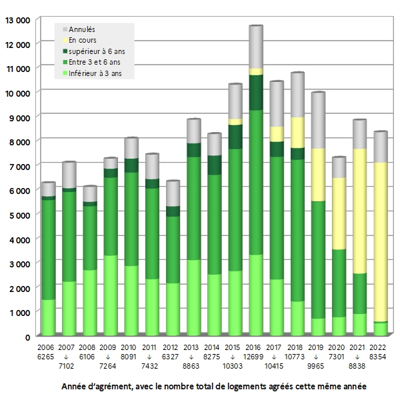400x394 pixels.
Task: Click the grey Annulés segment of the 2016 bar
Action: click(x=255, y=47)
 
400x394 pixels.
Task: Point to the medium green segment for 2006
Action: click(x=48, y=249)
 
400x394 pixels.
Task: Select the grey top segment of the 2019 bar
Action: click(x=318, y=121)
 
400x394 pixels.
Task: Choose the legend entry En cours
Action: click(x=83, y=40)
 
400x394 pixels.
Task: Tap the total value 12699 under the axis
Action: click(x=255, y=357)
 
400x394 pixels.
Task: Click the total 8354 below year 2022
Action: click(x=380, y=357)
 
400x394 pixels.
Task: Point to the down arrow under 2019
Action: click(x=318, y=357)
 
